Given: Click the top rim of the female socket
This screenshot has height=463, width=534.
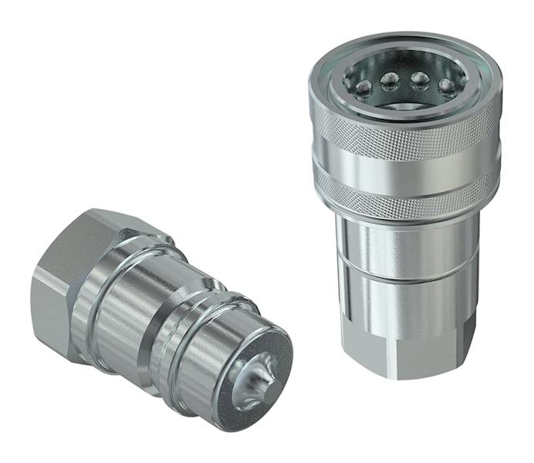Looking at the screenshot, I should pyautogui.click(x=401, y=46).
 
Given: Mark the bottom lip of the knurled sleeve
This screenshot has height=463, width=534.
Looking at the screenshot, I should pyautogui.click(x=401, y=212).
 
